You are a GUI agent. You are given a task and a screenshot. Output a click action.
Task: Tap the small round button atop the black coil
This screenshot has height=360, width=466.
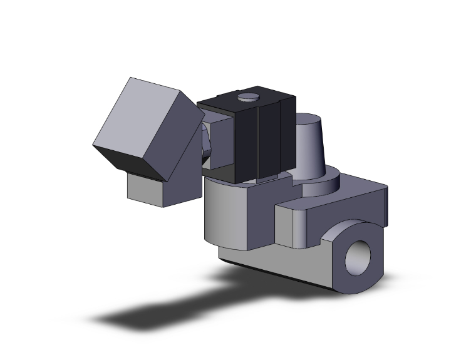pyautogui.click(x=249, y=97)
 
